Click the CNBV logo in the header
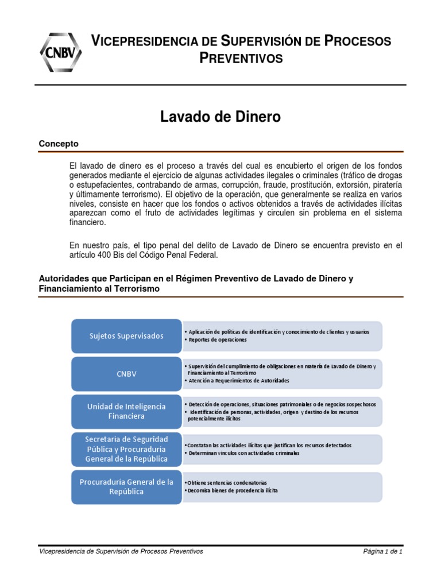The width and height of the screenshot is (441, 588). pyautogui.click(x=60, y=51)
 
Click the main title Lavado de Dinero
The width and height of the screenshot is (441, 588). pyautogui.click(x=220, y=117)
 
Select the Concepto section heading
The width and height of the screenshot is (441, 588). pyautogui.click(x=59, y=144)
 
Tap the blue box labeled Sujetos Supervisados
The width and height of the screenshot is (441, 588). pyautogui.click(x=125, y=336)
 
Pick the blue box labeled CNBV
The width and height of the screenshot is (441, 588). pyautogui.click(x=125, y=373)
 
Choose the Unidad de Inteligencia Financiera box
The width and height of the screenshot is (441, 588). pyautogui.click(x=125, y=411)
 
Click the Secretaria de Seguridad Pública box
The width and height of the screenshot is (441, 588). pyautogui.click(x=125, y=448)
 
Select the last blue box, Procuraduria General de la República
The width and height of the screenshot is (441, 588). pyautogui.click(x=125, y=486)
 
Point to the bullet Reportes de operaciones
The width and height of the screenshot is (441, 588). pyautogui.click(x=217, y=340)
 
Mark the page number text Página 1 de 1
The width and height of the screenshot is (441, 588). pyautogui.click(x=383, y=552)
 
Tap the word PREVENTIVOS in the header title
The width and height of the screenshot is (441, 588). pyautogui.click(x=241, y=59)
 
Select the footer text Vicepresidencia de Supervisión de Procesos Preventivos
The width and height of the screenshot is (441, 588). pyautogui.click(x=121, y=552)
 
